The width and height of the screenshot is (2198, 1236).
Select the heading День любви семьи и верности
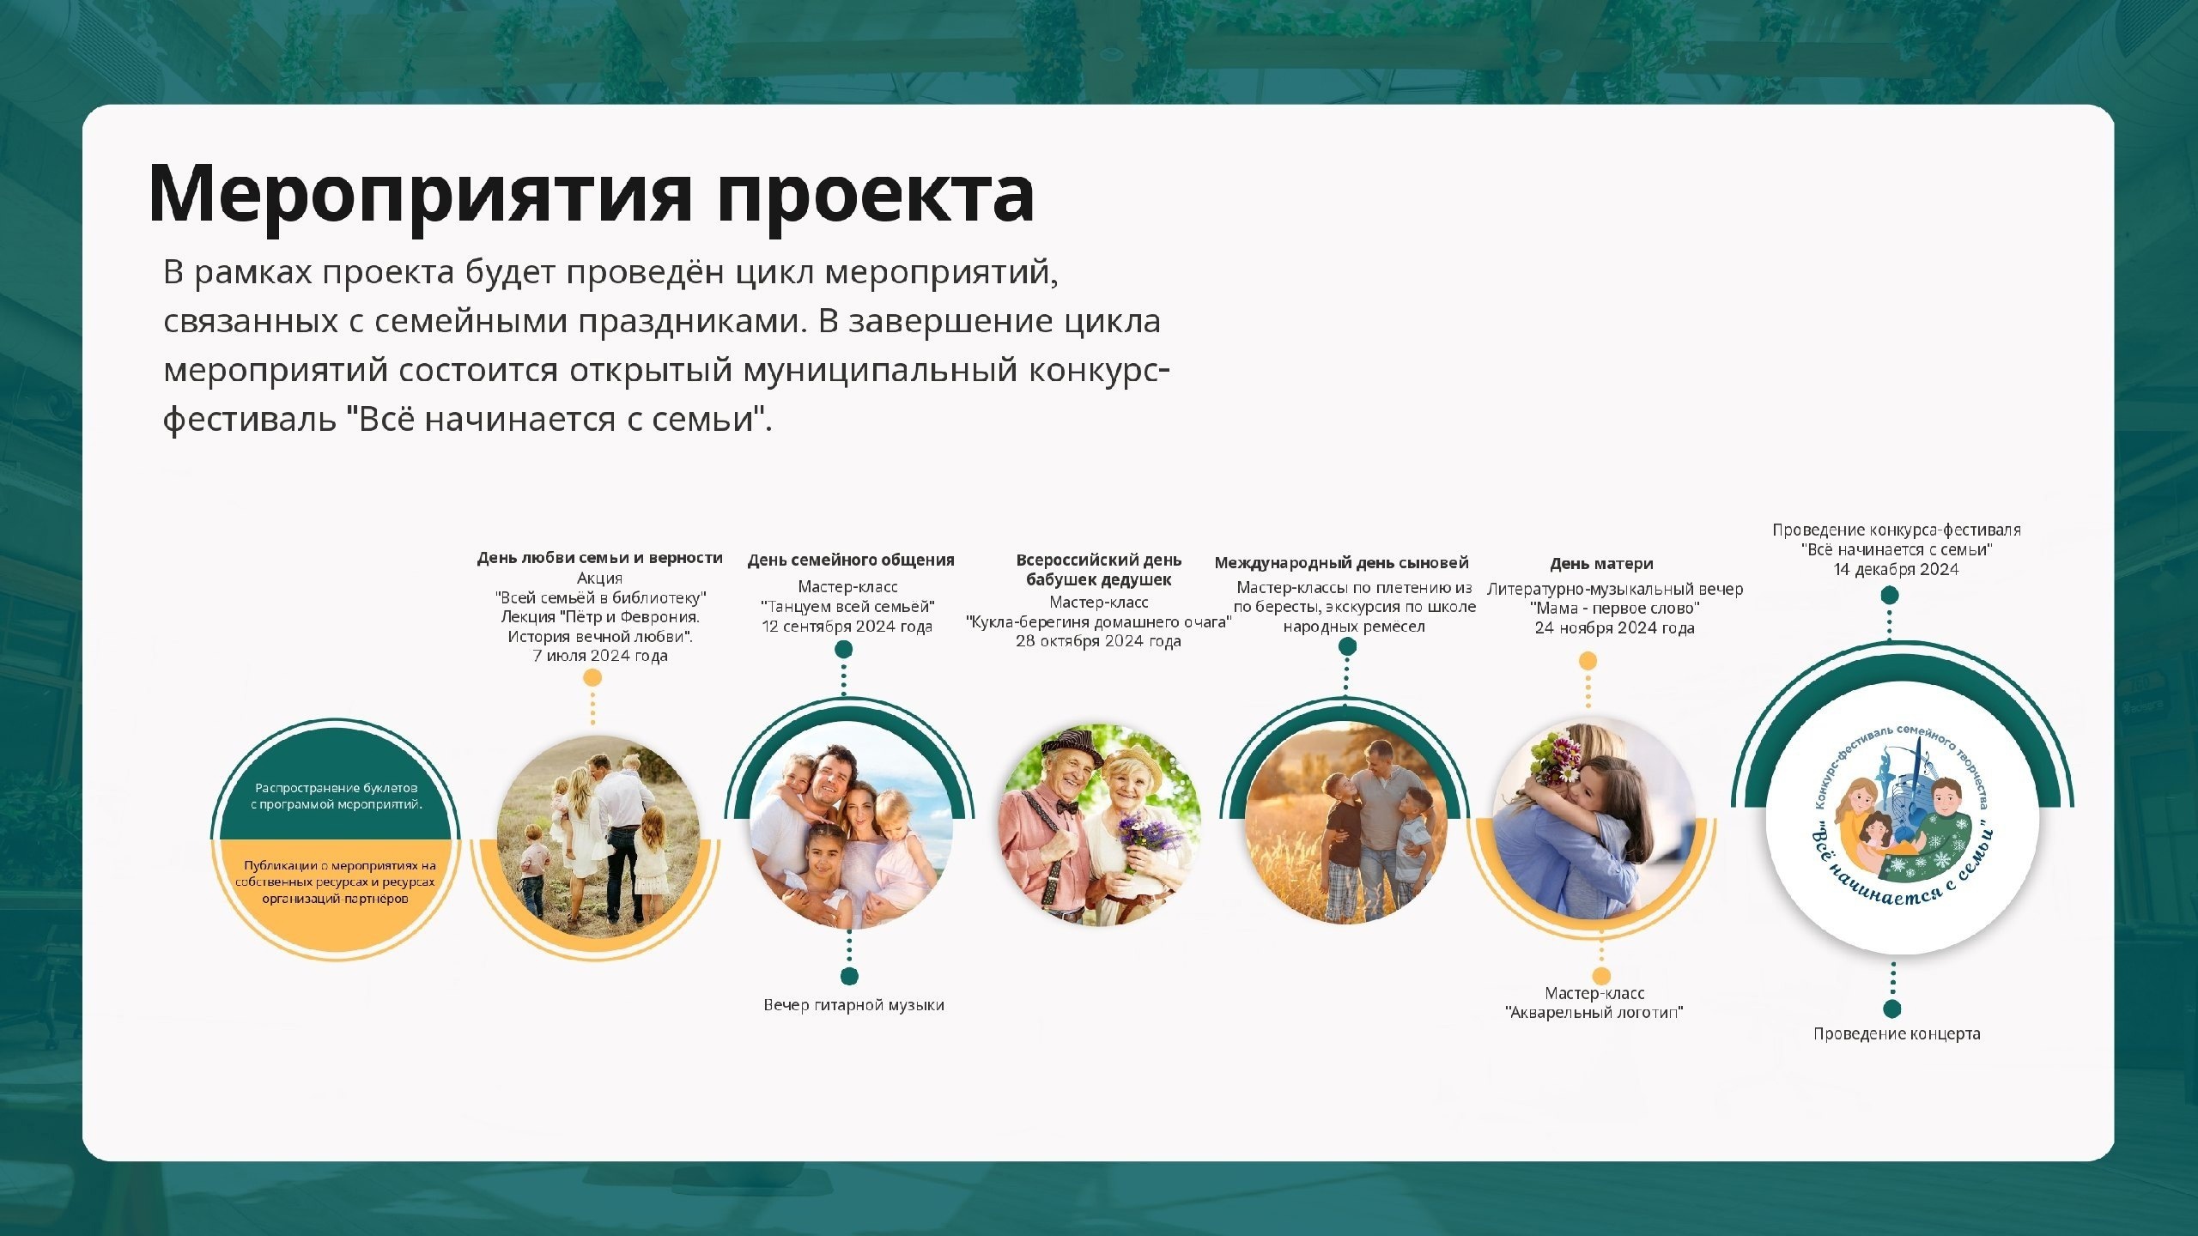600,558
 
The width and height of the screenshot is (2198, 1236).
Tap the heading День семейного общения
851,560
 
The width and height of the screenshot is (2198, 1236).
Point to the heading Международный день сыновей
1341,563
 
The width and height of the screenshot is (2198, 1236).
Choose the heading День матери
1601,564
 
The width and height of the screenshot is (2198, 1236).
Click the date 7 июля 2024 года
600,656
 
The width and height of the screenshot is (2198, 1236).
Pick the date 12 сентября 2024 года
847,627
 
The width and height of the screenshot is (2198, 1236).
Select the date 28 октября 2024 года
1098,641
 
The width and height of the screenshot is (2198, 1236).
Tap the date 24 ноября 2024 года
1614,628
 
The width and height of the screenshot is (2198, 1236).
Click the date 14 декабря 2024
1897,570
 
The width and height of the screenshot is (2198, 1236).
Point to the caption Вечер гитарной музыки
854,1005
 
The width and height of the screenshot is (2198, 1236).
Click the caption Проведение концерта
1897,1034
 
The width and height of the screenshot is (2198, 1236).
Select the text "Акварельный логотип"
1594,1013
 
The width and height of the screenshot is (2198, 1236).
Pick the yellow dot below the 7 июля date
592,678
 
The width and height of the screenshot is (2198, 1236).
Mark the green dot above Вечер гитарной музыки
849,976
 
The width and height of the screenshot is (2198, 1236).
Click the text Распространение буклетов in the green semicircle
337,788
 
